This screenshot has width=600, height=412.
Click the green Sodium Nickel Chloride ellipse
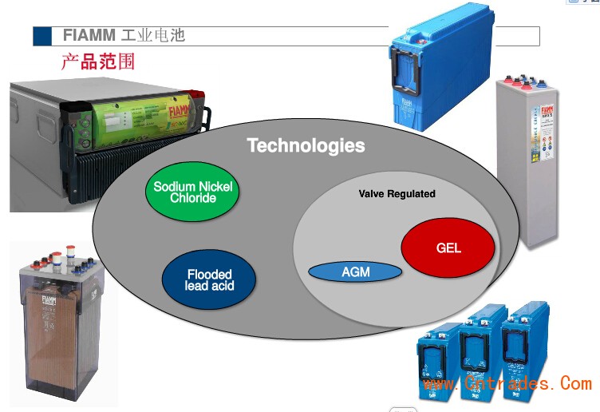(192, 192)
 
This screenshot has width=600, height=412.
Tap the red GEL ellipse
(448, 248)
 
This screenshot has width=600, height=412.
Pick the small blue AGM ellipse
(355, 272)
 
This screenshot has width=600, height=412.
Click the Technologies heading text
(306, 145)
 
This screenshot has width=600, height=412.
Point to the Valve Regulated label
(397, 194)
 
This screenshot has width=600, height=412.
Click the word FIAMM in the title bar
(89, 36)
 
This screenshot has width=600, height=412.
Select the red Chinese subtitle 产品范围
(98, 62)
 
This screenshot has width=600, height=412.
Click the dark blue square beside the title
(41, 36)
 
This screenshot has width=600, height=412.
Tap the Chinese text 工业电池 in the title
(153, 36)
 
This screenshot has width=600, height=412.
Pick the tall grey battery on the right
(526, 160)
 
